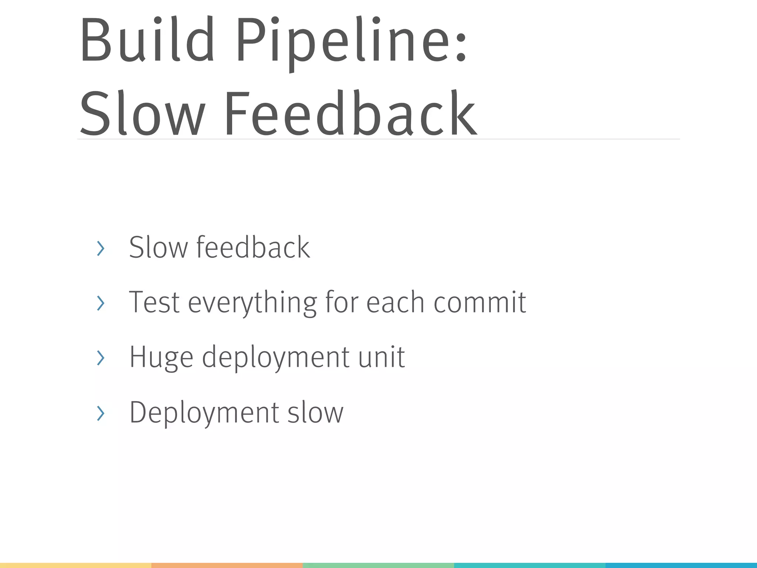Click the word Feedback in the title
[x=350, y=114]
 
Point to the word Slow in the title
[x=142, y=114]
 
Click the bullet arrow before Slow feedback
[x=100, y=248]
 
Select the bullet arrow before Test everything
[x=100, y=303]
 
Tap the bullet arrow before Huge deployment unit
[x=100, y=358]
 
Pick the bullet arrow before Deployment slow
[x=100, y=413]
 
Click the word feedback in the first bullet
[x=253, y=247]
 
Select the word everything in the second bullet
[x=252, y=302]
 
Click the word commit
[x=479, y=302]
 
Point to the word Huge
[x=161, y=357]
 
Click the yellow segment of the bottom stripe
[x=75, y=565]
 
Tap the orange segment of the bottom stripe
[x=227, y=565]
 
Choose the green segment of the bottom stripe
[x=378, y=565]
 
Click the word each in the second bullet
[x=395, y=302]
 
